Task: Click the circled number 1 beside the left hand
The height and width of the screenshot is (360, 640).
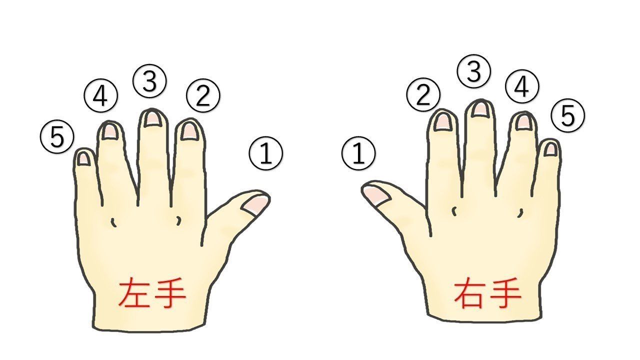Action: click(265, 153)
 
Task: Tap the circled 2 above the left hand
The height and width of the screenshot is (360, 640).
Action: click(203, 95)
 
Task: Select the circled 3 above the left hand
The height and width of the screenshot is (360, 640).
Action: click(149, 81)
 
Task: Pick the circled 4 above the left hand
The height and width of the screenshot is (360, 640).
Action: click(100, 95)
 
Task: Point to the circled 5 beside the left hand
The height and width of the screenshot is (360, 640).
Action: click(57, 136)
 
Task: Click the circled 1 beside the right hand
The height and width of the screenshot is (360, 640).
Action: click(358, 153)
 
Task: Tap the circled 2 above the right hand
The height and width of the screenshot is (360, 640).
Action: click(423, 94)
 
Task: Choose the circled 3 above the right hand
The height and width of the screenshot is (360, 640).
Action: click(473, 71)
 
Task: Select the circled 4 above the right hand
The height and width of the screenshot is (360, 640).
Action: click(522, 86)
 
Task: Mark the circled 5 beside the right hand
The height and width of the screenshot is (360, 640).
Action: click(567, 115)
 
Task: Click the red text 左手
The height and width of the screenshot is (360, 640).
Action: click(152, 293)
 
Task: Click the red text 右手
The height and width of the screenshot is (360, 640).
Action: click(487, 292)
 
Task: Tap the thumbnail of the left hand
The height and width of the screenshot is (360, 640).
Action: click(255, 204)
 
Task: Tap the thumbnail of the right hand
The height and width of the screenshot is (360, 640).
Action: click(376, 195)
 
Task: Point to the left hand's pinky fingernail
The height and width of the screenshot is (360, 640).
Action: click(83, 158)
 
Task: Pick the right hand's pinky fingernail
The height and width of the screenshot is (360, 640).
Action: click(551, 149)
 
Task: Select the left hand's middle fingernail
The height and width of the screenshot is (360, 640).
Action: click(153, 119)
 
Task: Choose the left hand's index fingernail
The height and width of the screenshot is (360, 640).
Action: click(190, 131)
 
